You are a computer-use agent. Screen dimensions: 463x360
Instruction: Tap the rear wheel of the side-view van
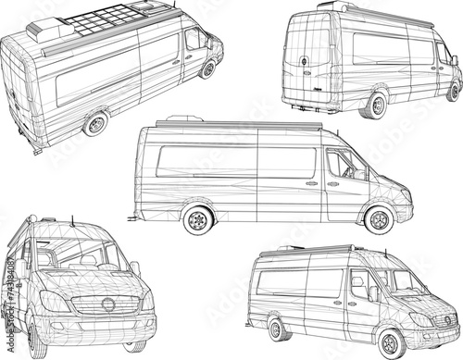(x=197, y=221)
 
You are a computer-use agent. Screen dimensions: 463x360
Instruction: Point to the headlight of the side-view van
(x=405, y=194)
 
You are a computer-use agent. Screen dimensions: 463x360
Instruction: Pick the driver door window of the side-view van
(x=345, y=165)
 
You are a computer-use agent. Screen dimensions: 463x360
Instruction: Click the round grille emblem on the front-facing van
(x=109, y=304)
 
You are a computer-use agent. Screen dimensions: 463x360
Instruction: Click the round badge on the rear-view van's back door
(x=304, y=62)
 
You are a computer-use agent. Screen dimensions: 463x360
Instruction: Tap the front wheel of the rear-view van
(x=453, y=92)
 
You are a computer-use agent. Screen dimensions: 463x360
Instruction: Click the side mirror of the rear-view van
(x=455, y=60)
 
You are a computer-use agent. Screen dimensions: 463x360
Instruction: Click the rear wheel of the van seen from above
(x=96, y=123)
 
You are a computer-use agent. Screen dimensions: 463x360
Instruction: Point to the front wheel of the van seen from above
(x=209, y=69)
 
